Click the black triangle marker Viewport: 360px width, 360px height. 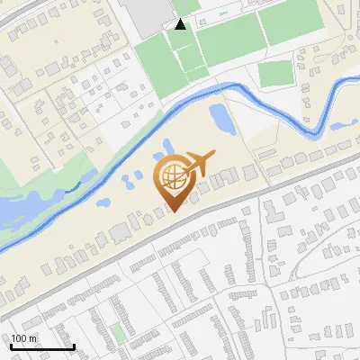[x=181, y=24]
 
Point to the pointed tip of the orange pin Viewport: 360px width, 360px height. [x=173, y=211]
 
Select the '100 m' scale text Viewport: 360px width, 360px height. [x=24, y=338]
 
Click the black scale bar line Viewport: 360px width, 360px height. [x=42, y=347]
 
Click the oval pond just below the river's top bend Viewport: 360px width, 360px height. [x=219, y=116]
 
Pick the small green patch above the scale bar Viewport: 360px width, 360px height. [x=119, y=332]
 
